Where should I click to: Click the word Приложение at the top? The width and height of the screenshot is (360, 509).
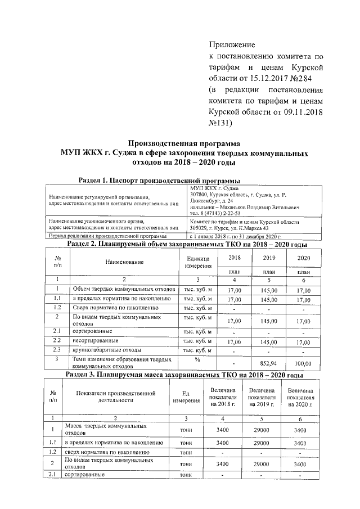[232, 44]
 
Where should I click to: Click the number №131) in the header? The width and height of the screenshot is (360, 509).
[224, 122]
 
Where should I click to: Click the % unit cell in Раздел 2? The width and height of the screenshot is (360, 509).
[197, 359]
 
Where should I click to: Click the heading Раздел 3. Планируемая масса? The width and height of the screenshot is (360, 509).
[184, 375]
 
